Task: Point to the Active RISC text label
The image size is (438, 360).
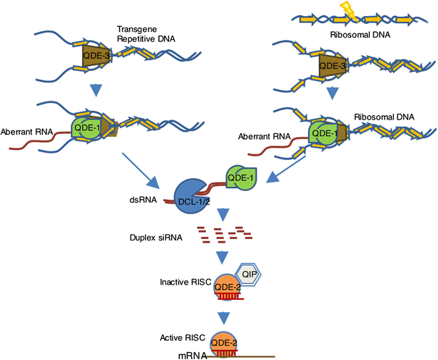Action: pyautogui.click(x=183, y=339)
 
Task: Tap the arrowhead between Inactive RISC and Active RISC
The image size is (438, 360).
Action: pyautogui.click(x=224, y=317)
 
